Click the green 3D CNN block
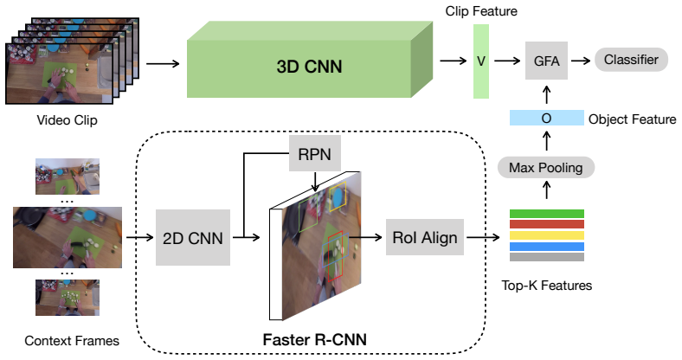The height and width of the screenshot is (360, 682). tap(310, 60)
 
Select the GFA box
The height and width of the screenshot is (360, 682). tap(546, 61)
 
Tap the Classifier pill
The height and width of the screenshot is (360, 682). tap(631, 60)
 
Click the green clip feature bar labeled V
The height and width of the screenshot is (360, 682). tap(481, 61)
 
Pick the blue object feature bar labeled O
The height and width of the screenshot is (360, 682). tap(547, 118)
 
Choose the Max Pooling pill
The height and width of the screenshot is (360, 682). tap(546, 167)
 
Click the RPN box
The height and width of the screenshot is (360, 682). tap(315, 153)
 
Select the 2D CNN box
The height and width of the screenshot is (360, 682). tap(193, 237)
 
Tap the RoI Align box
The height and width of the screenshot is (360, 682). tap(425, 237)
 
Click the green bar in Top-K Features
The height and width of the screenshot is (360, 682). tap(547, 214)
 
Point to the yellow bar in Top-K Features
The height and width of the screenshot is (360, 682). tap(547, 235)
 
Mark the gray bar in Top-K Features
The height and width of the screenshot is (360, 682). tap(547, 257)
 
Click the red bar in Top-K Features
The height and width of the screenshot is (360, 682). tap(547, 224)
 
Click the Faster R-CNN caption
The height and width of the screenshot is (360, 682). tap(315, 339)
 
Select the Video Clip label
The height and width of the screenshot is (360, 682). tap(67, 120)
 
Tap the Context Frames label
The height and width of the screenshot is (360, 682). tap(72, 340)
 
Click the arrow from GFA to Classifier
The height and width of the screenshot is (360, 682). tap(581, 61)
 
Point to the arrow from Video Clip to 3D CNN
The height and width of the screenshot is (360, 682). tap(163, 64)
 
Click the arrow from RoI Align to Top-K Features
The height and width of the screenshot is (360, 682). tap(483, 237)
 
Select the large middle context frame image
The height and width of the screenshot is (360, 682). tap(68, 237)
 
